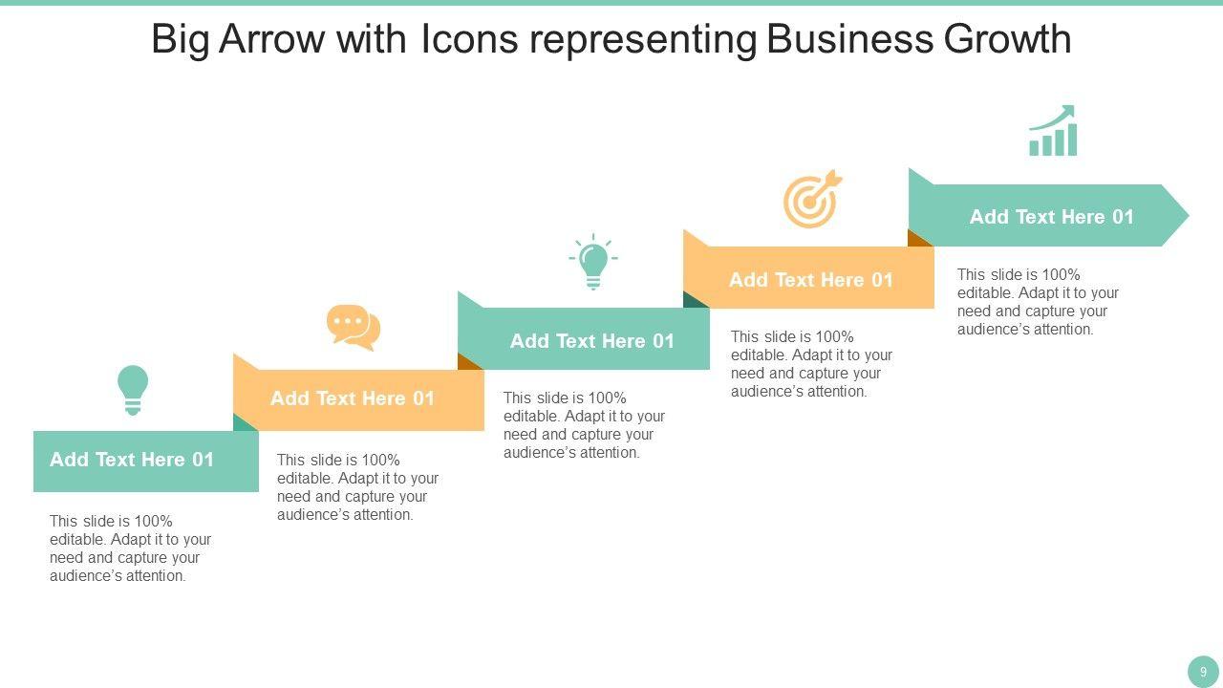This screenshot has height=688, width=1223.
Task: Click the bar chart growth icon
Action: click(x=1052, y=131)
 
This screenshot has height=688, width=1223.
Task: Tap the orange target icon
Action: click(x=812, y=200)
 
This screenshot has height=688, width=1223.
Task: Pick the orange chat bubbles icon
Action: click(x=354, y=327)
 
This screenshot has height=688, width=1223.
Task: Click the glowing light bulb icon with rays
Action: click(x=593, y=261)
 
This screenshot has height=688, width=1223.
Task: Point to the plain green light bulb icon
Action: click(x=133, y=389)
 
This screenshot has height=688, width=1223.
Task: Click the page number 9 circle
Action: click(x=1203, y=672)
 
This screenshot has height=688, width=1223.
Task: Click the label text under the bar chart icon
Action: click(x=1051, y=217)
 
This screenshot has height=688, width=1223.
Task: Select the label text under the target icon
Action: click(x=810, y=280)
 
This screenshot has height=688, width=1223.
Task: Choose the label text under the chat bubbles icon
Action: click(x=353, y=398)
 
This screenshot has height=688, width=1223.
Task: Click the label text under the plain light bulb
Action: click(x=132, y=460)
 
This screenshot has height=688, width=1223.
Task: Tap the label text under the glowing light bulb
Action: click(x=592, y=341)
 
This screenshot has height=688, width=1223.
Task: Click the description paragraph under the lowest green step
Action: click(x=130, y=548)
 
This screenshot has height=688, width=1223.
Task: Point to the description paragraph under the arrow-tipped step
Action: click(x=1038, y=302)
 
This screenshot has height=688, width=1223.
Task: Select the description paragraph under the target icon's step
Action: click(x=811, y=364)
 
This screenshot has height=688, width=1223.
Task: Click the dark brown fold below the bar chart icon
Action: click(x=919, y=239)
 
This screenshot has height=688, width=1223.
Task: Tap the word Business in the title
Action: click(x=849, y=39)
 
